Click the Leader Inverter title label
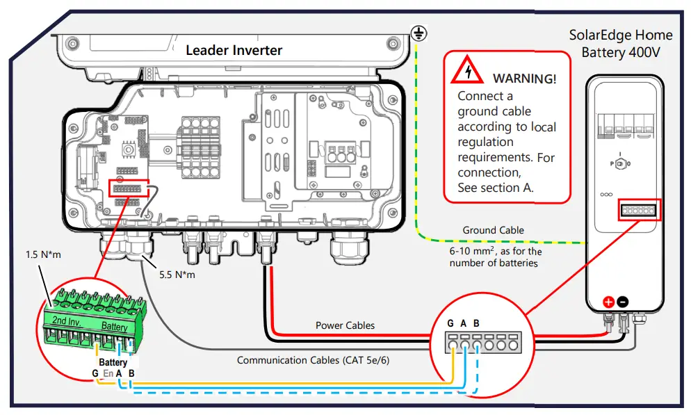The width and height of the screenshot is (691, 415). (234, 51)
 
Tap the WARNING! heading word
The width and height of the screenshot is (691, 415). (524, 79)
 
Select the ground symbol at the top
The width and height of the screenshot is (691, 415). (418, 31)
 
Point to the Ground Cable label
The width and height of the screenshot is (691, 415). (493, 230)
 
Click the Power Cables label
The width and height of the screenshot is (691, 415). (345, 325)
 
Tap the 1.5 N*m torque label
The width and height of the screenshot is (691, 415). (42, 254)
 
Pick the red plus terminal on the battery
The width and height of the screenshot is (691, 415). (608, 302)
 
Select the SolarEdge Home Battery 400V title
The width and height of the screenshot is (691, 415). (620, 43)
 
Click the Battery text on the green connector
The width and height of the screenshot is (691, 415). (115, 326)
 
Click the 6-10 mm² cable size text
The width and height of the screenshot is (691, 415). (495, 252)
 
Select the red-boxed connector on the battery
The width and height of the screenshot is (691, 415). (637, 211)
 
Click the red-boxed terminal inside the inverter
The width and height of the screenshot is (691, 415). (130, 188)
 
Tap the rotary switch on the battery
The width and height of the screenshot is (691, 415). (620, 163)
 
